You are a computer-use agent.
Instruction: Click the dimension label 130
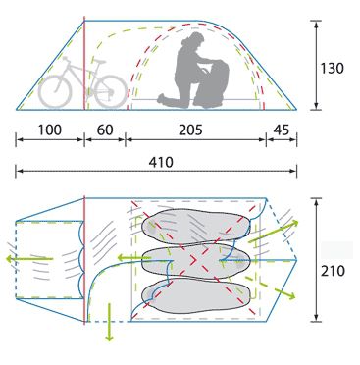coord(332,69)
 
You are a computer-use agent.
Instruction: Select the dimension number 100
coord(50,130)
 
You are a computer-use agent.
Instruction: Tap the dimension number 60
coord(105,130)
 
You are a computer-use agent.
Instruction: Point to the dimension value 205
coord(190,130)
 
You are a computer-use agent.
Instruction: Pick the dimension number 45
coord(282,130)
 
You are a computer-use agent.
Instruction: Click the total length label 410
coord(161,162)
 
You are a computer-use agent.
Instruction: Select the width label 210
coord(333,271)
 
